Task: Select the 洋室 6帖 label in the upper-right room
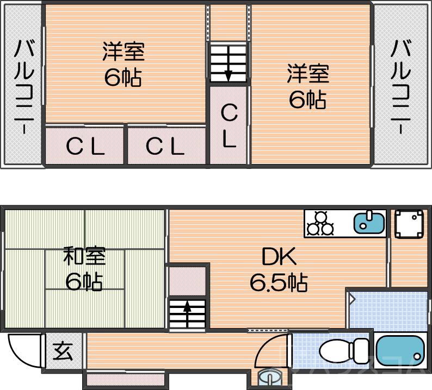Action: (x=308, y=87)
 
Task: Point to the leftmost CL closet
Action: (x=85, y=146)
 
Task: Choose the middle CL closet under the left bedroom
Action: (x=166, y=146)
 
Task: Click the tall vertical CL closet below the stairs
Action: (x=229, y=126)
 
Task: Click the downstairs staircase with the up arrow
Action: (x=187, y=313)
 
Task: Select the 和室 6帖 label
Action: (x=84, y=269)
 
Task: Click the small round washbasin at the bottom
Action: (x=269, y=376)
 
